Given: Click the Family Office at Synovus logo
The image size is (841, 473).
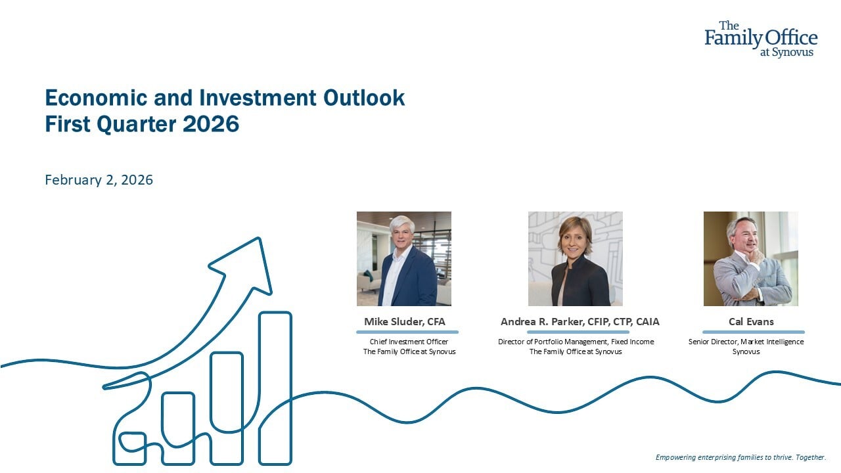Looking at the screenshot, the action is coord(761,39).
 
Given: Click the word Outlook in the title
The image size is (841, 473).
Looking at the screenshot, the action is coord(364,98).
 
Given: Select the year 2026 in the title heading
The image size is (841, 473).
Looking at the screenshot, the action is coord(211,124).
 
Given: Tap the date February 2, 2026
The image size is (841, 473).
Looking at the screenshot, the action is coord(99,180).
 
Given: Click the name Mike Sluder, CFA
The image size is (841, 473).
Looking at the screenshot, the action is coord(404,322).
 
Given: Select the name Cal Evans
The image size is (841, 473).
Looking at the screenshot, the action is coord(751,322).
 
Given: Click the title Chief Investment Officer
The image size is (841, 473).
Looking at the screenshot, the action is coord(409,342).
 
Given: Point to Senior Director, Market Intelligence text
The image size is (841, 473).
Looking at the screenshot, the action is coord(746,342).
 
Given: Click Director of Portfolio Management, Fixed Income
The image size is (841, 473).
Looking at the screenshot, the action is coord(576,342).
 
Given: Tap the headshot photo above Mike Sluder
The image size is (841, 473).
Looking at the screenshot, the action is coord(404,259).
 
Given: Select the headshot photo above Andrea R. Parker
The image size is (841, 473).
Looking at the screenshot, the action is coord(575,259).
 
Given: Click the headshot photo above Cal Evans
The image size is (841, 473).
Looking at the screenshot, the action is coord(751,259).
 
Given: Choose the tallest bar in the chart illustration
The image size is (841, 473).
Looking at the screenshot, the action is coord(275,388).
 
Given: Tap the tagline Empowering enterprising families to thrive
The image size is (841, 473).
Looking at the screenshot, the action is coord(724,457).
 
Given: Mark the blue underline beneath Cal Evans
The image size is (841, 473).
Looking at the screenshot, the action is coord(754,332).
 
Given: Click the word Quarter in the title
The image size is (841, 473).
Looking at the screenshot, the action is coord(137,124).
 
